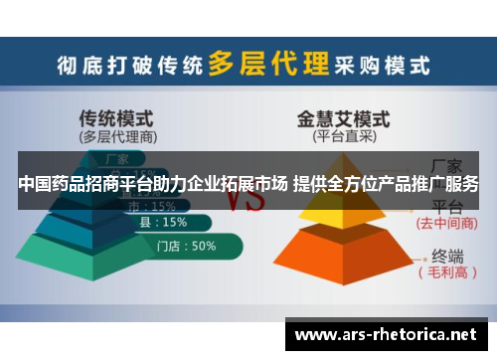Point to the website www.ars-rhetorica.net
click(x=387, y=333)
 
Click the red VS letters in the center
click(x=244, y=199)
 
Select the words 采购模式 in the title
click(x=383, y=66)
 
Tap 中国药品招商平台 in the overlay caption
click(x=81, y=184)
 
